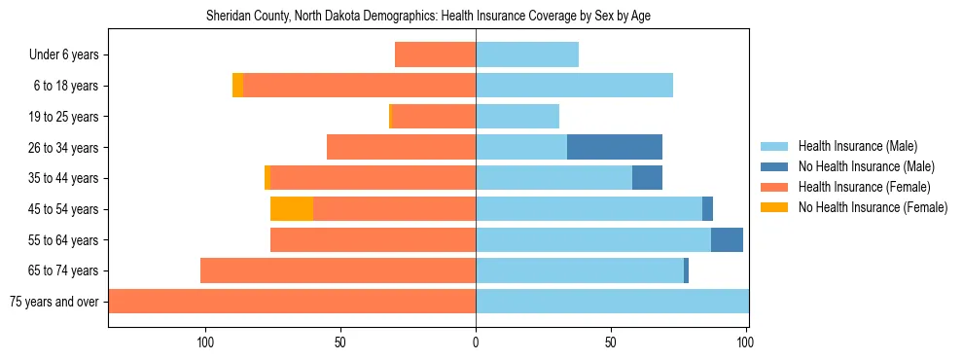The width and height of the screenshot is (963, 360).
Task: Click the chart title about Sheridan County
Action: [435, 17]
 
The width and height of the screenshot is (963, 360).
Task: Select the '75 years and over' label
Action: [53, 302]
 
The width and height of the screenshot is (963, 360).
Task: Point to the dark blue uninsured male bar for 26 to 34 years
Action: [615, 147]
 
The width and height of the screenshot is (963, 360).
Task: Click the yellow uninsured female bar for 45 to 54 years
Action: [291, 209]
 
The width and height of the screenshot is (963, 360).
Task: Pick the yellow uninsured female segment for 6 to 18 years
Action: [237, 86]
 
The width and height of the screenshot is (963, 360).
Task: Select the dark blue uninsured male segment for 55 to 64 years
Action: [727, 240]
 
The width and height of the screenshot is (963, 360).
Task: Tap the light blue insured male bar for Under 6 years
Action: [527, 54]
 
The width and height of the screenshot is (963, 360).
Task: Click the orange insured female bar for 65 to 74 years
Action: [338, 270]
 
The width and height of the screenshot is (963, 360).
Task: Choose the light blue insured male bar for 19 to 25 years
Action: [517, 117]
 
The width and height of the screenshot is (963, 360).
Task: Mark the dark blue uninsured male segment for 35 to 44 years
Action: [647, 178]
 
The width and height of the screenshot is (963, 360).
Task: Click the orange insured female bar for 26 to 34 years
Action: [401, 147]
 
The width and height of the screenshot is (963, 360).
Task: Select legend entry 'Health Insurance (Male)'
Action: [857, 146]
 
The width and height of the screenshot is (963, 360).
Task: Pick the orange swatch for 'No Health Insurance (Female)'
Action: [775, 207]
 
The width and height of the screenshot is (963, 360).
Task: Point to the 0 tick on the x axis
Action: [476, 342]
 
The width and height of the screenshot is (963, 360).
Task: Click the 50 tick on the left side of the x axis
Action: [340, 342]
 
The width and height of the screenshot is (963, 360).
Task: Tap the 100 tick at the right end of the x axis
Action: [746, 342]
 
